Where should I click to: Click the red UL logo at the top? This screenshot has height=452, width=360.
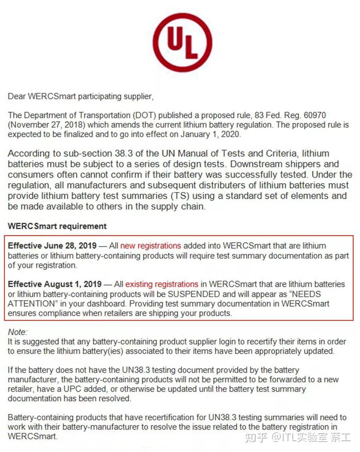point(182,42)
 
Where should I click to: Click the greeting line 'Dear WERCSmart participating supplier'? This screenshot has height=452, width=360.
point(80,96)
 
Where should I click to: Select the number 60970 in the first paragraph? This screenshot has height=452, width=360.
point(315,115)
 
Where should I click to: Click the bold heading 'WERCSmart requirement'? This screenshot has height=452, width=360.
point(57,226)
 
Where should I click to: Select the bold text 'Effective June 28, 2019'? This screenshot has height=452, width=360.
point(52,246)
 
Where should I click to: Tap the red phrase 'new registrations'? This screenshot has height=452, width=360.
point(150,246)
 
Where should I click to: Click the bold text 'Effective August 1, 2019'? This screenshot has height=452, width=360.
point(55,284)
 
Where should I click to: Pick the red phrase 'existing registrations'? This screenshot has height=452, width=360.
point(162,284)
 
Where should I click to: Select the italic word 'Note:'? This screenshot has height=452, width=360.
point(18,332)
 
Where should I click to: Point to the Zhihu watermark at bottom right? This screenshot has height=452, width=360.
point(298,437)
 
